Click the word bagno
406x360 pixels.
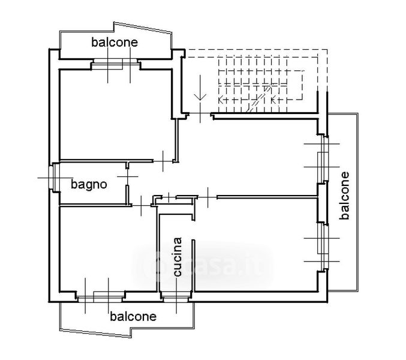pyautogui.click(x=89, y=185)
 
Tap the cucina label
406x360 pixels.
pyautogui.click(x=178, y=257)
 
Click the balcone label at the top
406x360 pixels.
pyautogui.click(x=115, y=43)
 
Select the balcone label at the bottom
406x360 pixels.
pyautogui.click(x=133, y=316)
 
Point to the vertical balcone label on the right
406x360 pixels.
pyautogui.click(x=344, y=196)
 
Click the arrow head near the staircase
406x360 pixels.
pyautogui.click(x=200, y=97)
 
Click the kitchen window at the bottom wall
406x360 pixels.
pyautogui.click(x=176, y=297)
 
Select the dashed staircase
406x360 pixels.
pyautogui.click(x=261, y=85)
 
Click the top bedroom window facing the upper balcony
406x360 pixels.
pyautogui.click(x=115, y=64)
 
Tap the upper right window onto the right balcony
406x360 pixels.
pyautogui.click(x=323, y=158)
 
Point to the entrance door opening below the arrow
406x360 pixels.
pyautogui.click(x=200, y=113)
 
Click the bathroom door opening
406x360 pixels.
pyautogui.click(x=127, y=177)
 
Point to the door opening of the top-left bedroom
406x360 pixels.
pyautogui.click(x=163, y=161)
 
